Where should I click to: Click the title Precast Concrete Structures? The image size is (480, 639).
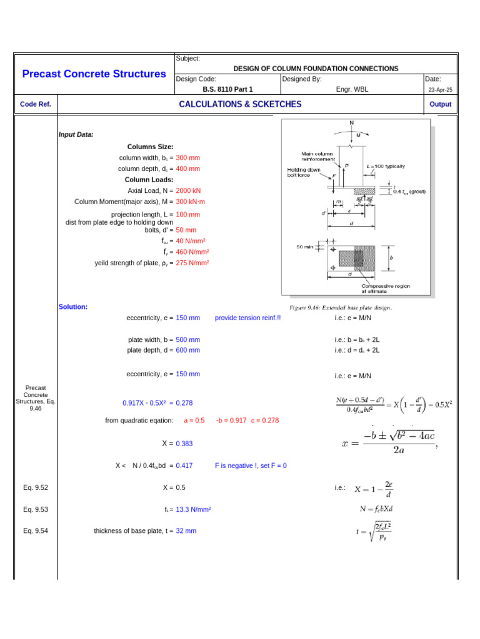94,74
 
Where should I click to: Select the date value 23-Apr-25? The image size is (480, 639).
440,90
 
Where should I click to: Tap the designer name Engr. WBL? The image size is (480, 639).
352,89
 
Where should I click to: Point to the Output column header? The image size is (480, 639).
440,104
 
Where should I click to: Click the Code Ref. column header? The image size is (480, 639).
36,104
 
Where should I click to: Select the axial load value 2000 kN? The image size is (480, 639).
188,190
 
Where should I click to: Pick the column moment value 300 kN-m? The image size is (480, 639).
190,202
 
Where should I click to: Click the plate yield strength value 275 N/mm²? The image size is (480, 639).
192,263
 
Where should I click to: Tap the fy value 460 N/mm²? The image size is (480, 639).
192,252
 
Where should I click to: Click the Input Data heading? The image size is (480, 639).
76,134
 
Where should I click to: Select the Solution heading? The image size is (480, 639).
73,306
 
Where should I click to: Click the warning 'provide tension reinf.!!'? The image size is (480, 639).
247,318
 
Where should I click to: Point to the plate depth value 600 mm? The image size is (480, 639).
187,350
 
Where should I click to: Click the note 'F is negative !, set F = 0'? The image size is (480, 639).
251,466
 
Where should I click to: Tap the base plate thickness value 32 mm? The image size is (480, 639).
186,530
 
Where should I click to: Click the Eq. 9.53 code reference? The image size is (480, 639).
36,509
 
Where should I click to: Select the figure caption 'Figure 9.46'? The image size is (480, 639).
341,308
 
